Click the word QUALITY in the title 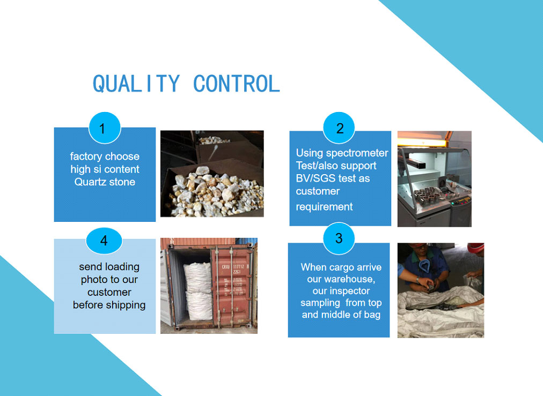(x=136, y=84)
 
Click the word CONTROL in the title (x=237, y=84)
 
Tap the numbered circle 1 (x=105, y=128)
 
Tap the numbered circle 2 (x=339, y=128)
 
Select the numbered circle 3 (x=339, y=238)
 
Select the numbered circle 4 (x=104, y=241)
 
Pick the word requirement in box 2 (x=324, y=207)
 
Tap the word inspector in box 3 (x=351, y=291)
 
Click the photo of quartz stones (x=212, y=174)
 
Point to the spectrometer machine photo (x=434, y=179)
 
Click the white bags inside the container (x=198, y=291)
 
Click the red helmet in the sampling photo (x=475, y=248)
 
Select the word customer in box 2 (x=318, y=191)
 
